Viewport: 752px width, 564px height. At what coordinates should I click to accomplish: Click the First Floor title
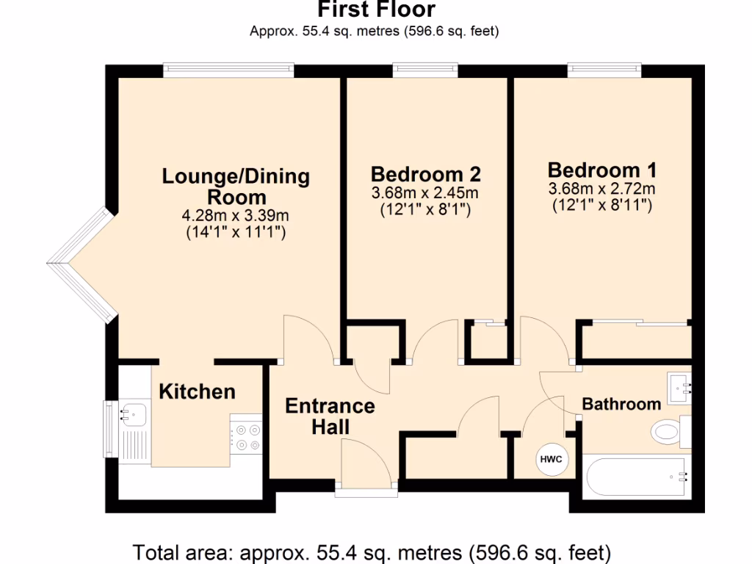pos(376,10)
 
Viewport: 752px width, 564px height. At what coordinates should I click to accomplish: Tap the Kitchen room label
pos(198,391)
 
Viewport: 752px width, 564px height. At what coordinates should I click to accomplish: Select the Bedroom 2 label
pos(426,175)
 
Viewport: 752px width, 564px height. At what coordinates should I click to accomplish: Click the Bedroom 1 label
pos(602,170)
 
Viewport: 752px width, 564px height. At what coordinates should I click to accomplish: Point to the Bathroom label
pos(621,404)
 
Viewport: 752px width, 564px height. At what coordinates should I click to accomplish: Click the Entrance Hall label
pos(330,416)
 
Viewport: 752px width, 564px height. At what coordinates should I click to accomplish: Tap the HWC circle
pos(551,460)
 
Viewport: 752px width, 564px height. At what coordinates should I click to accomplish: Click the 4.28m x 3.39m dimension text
pos(236,217)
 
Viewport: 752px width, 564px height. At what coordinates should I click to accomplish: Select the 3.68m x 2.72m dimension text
pos(602,189)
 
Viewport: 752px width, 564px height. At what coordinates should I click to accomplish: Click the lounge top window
pos(228,70)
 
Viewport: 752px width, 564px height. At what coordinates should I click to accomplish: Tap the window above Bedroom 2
pos(425,70)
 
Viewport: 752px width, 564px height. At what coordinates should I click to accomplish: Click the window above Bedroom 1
pos(604,70)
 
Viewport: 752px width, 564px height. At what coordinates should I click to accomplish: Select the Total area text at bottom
pos(372,552)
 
